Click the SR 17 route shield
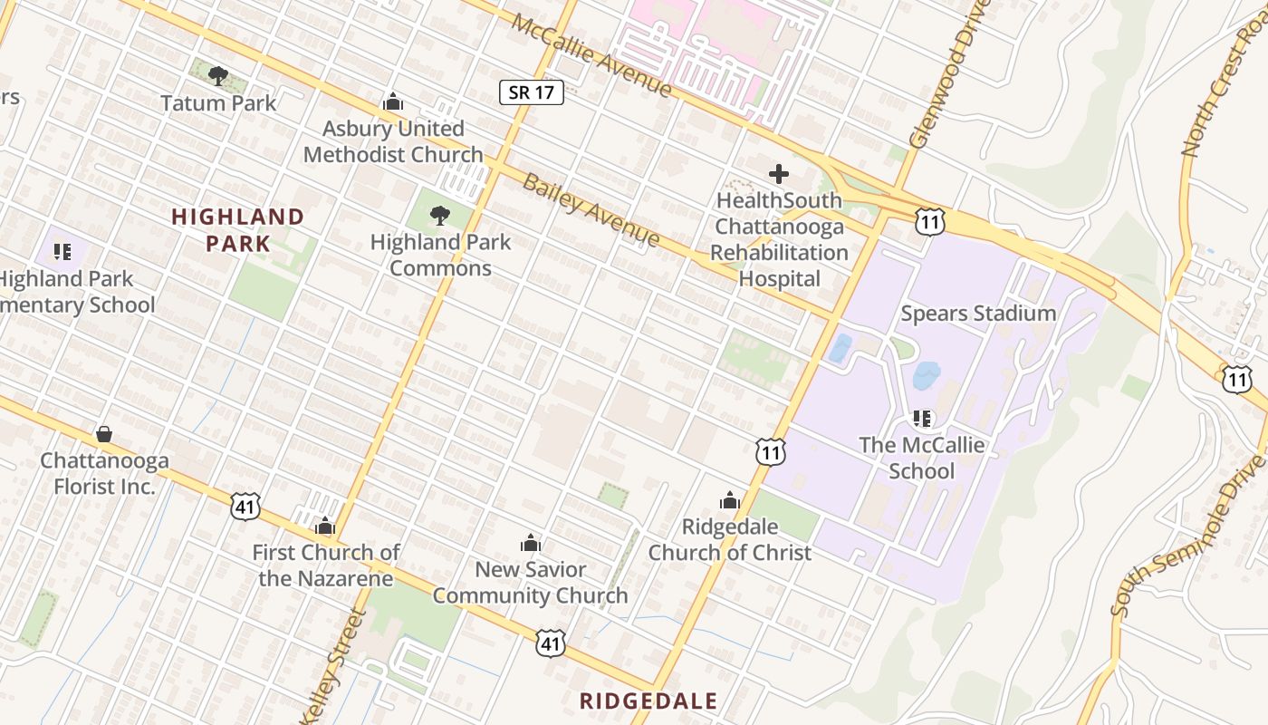click(532, 92)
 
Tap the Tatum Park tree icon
click(217, 76)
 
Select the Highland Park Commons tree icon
click(440, 216)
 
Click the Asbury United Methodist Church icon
click(393, 101)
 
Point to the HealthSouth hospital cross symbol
click(778, 173)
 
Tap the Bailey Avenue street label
click(591, 209)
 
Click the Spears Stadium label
click(978, 314)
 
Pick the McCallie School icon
click(922, 418)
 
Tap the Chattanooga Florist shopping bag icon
click(104, 434)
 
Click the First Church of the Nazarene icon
click(325, 526)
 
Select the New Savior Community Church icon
click(531, 543)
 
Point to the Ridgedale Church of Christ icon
click(730, 500)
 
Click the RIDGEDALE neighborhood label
click(648, 701)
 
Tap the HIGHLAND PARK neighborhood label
click(237, 229)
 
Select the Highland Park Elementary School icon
click(62, 251)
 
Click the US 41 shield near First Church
click(245, 507)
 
